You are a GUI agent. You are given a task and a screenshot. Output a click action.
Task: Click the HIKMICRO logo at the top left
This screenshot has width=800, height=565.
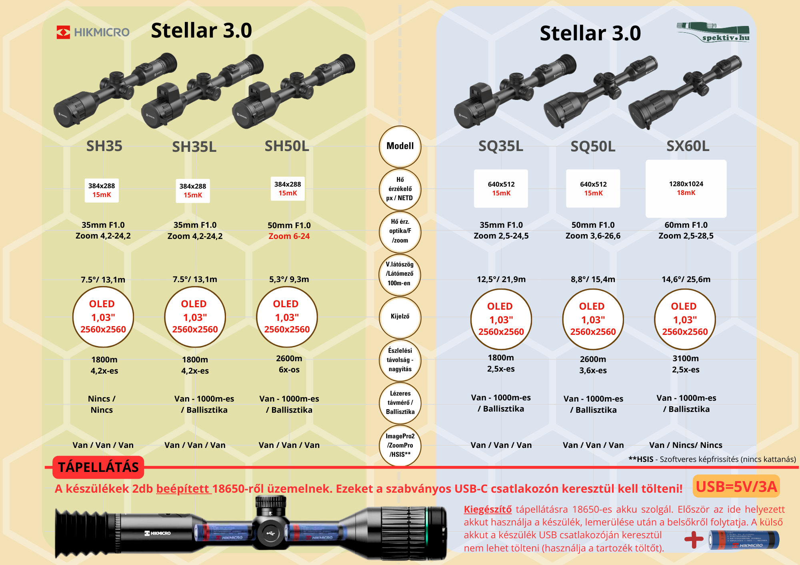pos(93,32)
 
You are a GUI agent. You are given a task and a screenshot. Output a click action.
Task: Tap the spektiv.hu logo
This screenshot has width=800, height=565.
pos(713,32)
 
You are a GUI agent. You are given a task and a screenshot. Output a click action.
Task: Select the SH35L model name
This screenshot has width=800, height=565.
pos(194,147)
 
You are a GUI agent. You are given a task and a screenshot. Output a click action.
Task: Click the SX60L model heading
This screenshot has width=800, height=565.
pos(688,146)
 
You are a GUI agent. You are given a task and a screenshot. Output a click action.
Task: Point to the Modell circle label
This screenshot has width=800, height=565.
pos(400,146)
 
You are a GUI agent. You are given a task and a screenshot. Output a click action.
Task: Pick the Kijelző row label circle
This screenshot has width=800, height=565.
pos(400,316)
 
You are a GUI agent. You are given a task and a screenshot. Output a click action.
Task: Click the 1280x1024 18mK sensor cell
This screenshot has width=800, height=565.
pos(686,188)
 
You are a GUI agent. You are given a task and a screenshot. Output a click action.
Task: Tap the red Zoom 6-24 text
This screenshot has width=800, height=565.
pos(289,236)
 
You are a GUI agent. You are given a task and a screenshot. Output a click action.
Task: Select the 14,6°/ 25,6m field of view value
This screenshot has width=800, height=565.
pos(686,279)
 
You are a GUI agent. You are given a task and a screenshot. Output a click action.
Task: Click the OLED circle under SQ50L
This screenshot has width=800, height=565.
pos(593,319)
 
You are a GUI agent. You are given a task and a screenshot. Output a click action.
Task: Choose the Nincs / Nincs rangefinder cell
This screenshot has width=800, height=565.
pos(102,404)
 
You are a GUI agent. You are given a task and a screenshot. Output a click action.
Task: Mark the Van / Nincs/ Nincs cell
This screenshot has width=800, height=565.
pos(686,445)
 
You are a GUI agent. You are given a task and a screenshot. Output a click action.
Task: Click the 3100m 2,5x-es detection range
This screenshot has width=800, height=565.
pos(686,364)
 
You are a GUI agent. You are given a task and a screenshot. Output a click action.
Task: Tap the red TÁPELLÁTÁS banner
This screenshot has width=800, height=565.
pos(98,467)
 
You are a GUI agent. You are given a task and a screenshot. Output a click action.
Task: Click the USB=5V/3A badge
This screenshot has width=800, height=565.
pos(736,486)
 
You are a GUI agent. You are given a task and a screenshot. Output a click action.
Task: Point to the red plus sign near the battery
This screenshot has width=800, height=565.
pos(694,540)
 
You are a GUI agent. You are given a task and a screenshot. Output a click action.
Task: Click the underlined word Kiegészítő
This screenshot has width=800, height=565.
pos(488,509)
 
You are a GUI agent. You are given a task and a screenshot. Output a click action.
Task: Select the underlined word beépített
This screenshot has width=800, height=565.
pos(183,489)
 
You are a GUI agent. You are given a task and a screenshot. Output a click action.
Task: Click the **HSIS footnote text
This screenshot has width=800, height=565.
pos(712,459)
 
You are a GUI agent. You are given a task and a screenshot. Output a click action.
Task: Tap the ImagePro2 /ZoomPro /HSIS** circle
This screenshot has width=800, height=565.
pos(400,445)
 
